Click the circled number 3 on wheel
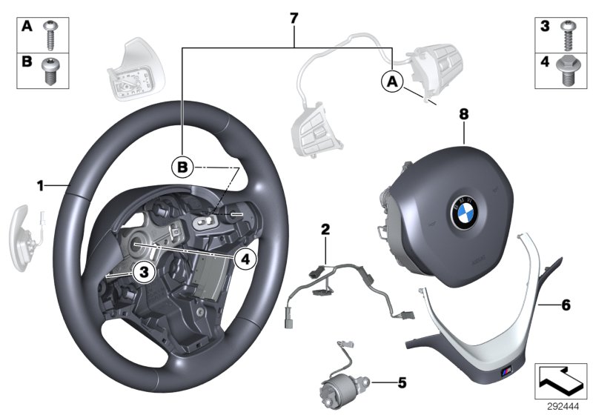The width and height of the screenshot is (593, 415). (145, 273)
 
